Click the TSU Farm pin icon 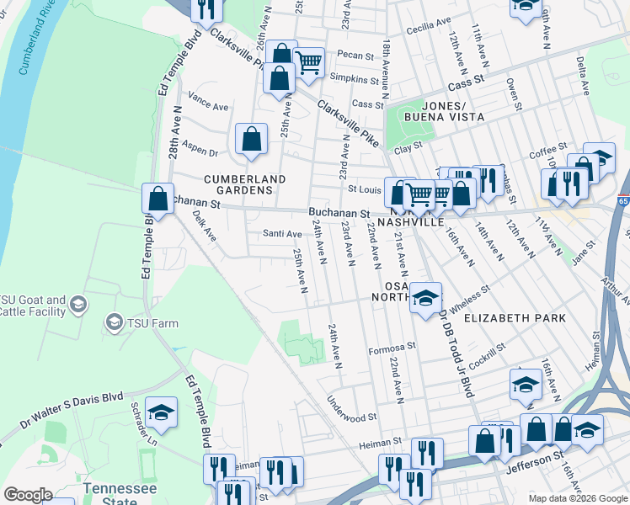coord(114,322)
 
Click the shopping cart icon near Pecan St coord(309,60)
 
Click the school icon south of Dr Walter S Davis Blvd coord(161,412)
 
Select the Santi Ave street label coord(282,233)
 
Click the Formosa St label coord(392,345)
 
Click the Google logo coord(28,495)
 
